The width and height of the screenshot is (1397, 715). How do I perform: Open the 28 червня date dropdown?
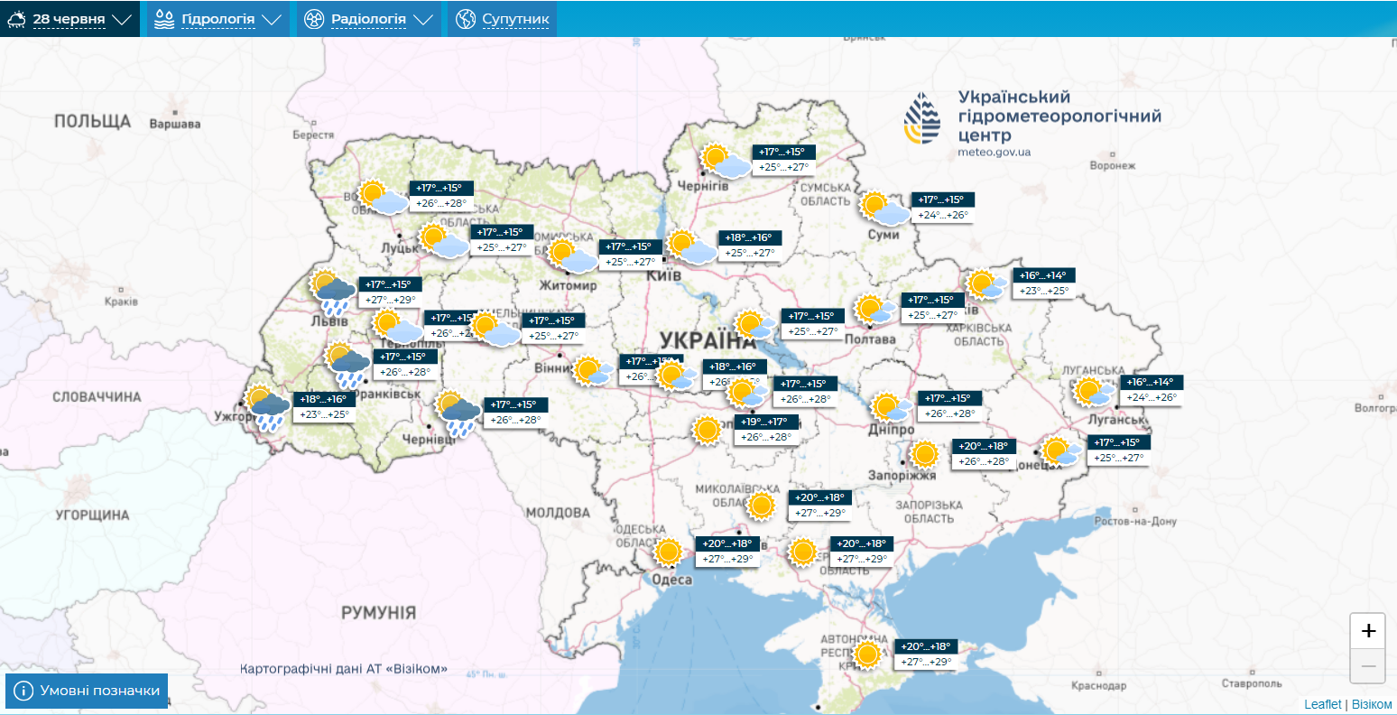click(69, 19)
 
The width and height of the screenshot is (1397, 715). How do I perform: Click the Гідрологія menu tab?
click(217, 19)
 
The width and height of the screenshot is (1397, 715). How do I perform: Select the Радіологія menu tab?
click(368, 19)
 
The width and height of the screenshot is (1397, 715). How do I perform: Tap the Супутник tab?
click(503, 19)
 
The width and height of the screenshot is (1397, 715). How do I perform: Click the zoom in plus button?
click(1368, 631)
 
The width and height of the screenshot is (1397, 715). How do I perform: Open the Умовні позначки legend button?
click(88, 691)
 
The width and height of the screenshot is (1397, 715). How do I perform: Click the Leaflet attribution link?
click(1322, 704)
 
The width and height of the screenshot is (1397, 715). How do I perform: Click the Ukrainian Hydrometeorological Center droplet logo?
click(922, 118)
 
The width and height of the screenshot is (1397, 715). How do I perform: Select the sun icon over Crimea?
click(867, 654)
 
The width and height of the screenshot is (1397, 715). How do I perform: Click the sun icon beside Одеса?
click(668, 551)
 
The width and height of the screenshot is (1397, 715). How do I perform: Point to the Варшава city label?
click(175, 124)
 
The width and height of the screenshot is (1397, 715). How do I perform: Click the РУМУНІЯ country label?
click(378, 613)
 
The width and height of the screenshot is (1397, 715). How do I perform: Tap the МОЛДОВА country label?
click(557, 513)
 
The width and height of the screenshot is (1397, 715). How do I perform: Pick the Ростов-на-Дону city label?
click(1134, 522)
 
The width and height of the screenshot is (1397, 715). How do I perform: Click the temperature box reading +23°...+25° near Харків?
click(1044, 291)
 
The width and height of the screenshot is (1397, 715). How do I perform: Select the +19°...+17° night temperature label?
click(763, 422)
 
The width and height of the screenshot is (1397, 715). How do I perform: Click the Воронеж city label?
click(1112, 166)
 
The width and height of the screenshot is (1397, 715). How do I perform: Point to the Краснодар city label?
click(1099, 686)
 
